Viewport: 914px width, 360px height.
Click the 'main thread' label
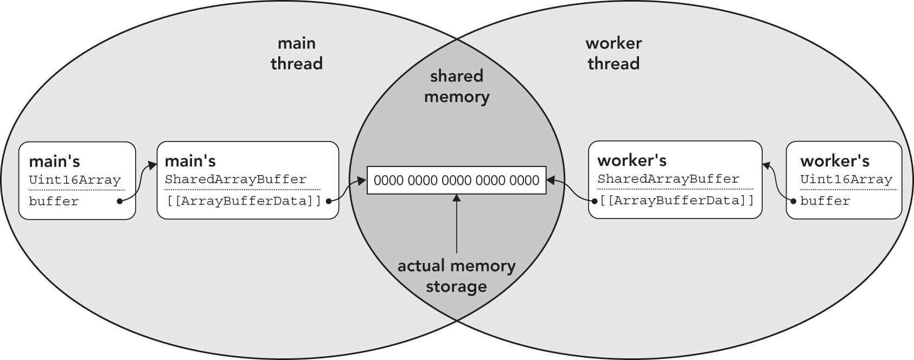(x=296, y=54)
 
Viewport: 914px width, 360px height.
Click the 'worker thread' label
(x=613, y=54)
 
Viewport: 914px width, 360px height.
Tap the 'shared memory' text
(x=457, y=86)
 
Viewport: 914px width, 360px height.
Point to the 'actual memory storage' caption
(x=456, y=276)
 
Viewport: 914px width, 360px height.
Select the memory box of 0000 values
(x=456, y=181)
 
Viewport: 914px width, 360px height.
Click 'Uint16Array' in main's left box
(x=75, y=180)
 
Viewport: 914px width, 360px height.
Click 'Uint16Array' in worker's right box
(x=846, y=179)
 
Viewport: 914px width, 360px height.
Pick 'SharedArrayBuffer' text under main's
(x=235, y=179)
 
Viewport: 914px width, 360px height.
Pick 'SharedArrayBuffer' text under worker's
(x=668, y=179)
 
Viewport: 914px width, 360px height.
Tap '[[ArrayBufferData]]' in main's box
(x=244, y=201)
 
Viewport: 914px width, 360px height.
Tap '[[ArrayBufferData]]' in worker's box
(x=677, y=201)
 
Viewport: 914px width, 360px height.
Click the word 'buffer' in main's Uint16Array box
(x=54, y=202)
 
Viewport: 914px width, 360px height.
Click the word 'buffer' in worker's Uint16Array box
(x=825, y=201)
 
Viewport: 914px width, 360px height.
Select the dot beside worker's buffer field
(x=794, y=201)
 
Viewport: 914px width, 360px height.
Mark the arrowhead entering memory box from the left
(x=362, y=181)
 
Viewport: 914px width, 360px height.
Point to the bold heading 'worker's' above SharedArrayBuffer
(x=631, y=160)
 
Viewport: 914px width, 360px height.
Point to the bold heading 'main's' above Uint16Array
(x=54, y=162)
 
